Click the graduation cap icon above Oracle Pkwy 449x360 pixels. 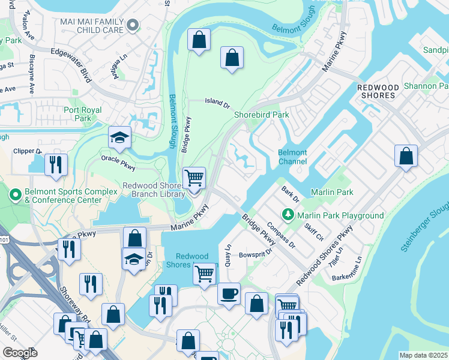(119, 137)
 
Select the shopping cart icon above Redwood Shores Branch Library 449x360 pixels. (194, 178)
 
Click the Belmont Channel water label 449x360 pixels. (292, 157)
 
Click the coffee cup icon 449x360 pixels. (229, 294)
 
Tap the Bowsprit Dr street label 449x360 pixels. (256, 251)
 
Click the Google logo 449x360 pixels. (20, 353)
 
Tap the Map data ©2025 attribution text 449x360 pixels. (423, 355)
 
